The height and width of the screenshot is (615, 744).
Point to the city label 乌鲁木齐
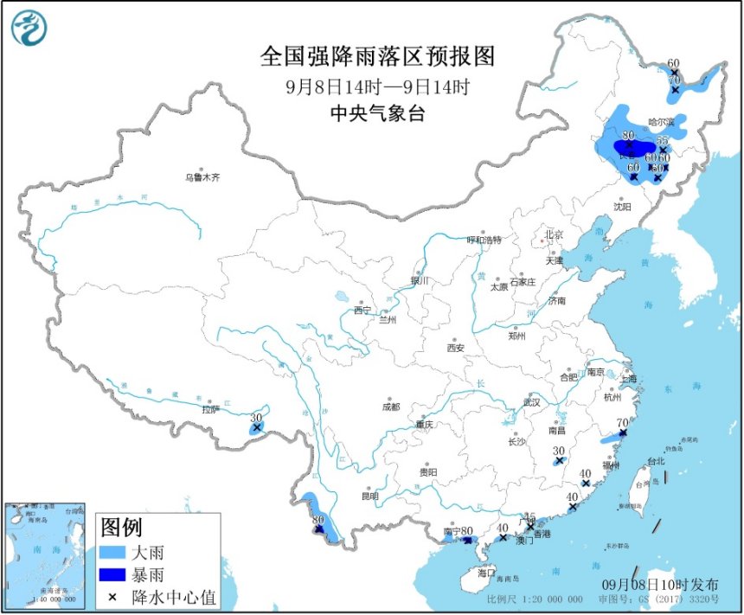coord(202,177)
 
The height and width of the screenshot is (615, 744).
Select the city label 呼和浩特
coord(484,240)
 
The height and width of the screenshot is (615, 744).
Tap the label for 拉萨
coord(210,409)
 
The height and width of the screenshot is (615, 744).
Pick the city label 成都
coord(390,407)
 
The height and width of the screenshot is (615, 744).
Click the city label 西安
coord(456,348)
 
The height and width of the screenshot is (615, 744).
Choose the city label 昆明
coord(370,496)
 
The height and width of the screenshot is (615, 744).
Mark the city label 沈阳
coord(622,207)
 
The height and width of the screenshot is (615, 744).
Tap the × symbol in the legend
coord(112,596)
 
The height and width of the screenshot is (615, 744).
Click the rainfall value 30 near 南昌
coord(559,451)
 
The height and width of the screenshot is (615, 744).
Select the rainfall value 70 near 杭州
coord(621,423)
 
